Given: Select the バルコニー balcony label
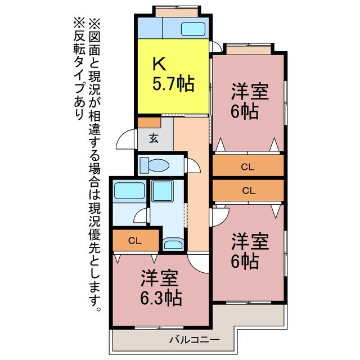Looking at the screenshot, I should click(x=193, y=339).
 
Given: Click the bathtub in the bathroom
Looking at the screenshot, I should click(x=129, y=192).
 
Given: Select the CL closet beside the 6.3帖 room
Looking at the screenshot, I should click(x=134, y=241).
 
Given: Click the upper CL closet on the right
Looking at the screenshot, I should click(x=247, y=166).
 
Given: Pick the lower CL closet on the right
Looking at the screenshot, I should click(x=247, y=190).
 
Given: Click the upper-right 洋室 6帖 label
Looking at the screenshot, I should click(x=247, y=101).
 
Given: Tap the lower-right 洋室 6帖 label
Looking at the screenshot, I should click(x=247, y=251).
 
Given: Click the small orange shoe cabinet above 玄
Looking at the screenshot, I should click(x=149, y=121).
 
